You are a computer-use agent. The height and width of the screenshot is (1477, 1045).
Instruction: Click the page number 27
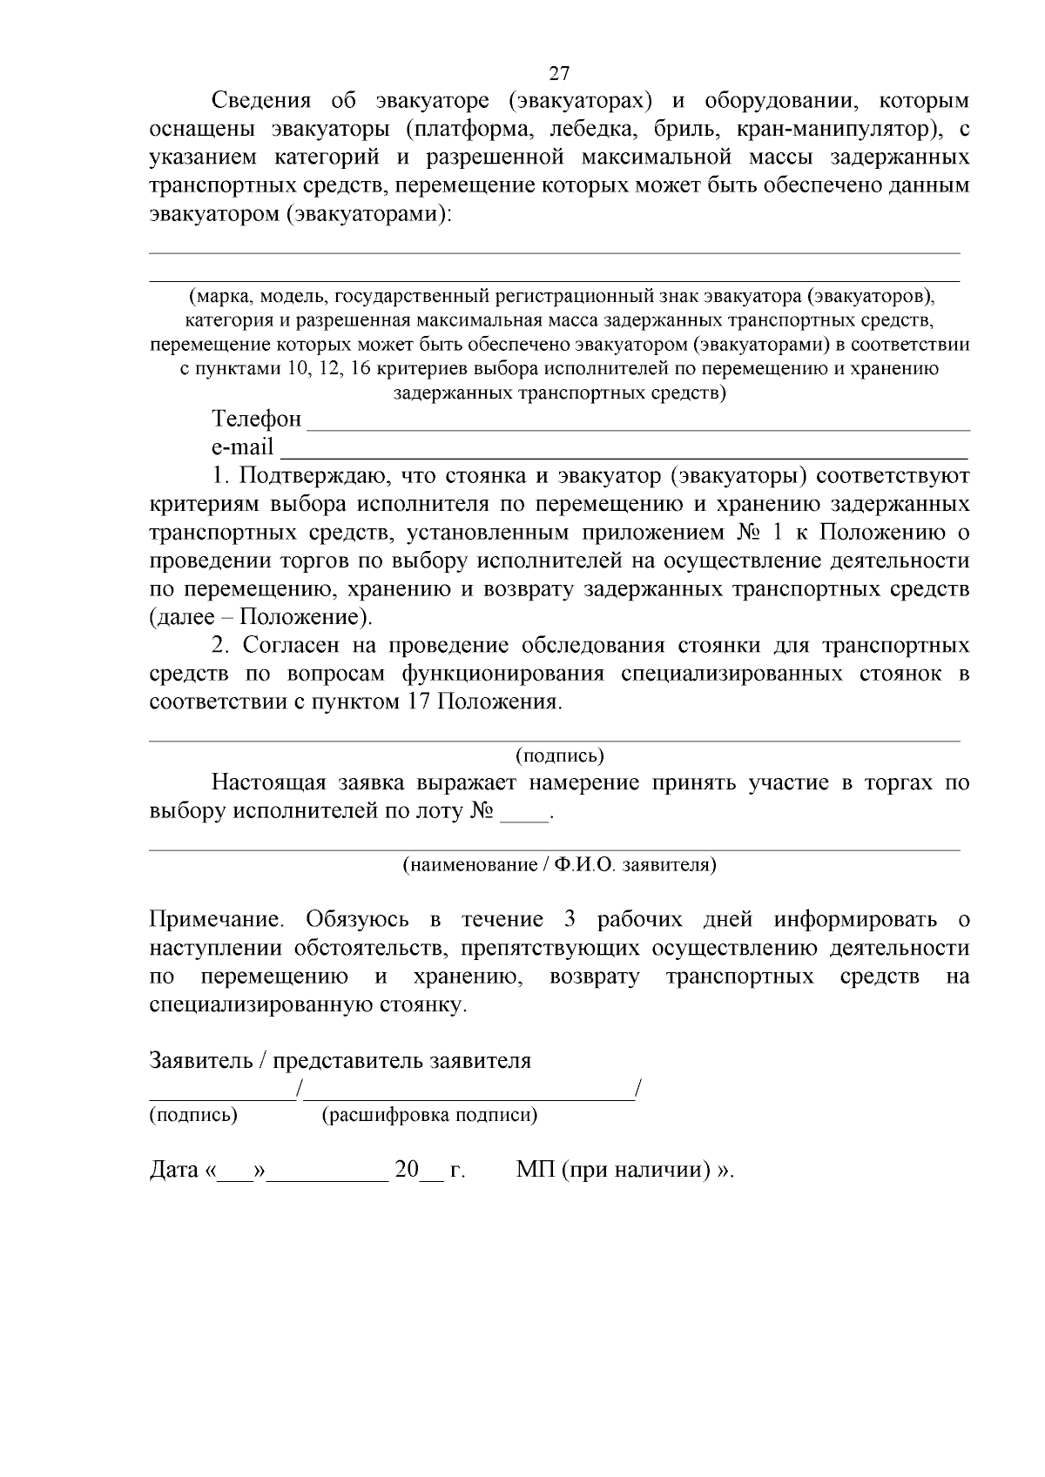(559, 73)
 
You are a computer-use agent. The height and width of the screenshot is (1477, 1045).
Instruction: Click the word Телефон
(257, 420)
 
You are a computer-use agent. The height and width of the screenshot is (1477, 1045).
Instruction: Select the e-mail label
(242, 447)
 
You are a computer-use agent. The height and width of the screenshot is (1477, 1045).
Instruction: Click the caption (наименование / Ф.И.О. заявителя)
(559, 865)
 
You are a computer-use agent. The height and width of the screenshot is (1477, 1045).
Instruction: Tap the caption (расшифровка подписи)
(429, 1115)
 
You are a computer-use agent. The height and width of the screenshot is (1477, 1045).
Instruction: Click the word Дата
(174, 1170)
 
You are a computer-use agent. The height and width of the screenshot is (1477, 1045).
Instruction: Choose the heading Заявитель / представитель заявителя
(340, 1061)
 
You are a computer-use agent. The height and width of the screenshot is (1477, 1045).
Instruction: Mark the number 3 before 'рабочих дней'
(571, 920)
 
